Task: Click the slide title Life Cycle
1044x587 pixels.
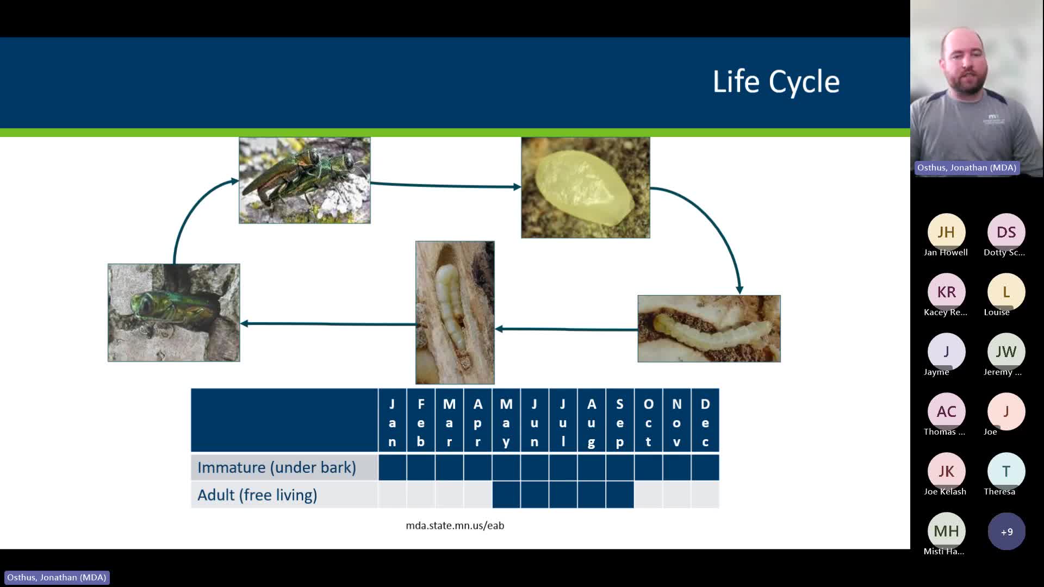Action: [x=776, y=82]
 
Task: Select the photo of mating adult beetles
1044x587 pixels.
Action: [x=304, y=180]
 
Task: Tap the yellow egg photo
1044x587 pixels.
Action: [x=585, y=188]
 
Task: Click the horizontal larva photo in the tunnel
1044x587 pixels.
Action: [x=709, y=329]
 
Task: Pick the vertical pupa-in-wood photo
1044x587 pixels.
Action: [x=455, y=313]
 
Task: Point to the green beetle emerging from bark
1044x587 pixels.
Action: [x=173, y=313]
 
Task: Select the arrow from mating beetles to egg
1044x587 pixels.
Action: [x=446, y=186]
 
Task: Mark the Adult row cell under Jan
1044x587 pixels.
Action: [x=392, y=495]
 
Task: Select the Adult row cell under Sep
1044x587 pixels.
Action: [x=619, y=495]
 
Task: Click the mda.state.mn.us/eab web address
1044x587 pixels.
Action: [x=455, y=526]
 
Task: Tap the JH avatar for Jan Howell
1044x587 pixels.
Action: [x=946, y=233]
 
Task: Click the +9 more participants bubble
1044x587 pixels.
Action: [x=1006, y=532]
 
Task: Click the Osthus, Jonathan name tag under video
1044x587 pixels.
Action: [x=966, y=168]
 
